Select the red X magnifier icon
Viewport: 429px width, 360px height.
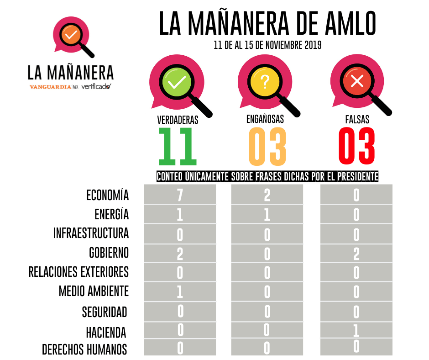(x=356, y=83)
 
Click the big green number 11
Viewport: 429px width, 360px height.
(x=178, y=147)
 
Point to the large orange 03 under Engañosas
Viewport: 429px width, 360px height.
(x=267, y=147)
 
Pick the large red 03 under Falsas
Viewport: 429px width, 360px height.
(x=357, y=147)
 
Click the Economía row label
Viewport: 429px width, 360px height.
(x=107, y=195)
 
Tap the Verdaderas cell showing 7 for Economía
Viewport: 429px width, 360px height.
(x=180, y=195)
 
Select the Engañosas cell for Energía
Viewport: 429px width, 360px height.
(x=267, y=214)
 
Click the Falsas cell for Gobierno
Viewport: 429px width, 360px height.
(x=356, y=254)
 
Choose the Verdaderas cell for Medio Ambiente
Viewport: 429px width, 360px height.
(x=180, y=291)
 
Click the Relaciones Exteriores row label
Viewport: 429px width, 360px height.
(x=78, y=272)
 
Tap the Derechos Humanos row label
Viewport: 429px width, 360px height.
(x=84, y=349)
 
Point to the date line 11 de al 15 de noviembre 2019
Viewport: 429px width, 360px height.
(x=267, y=46)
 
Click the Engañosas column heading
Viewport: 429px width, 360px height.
(x=265, y=119)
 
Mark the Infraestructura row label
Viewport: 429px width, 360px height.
(x=91, y=233)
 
